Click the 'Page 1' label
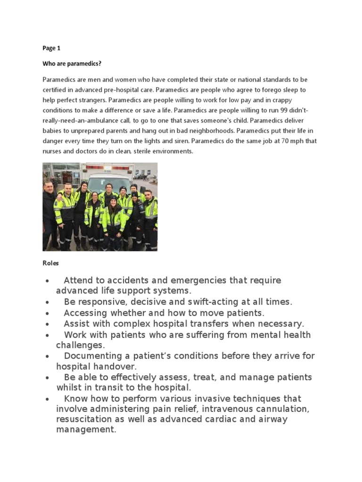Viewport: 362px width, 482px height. pos(51,48)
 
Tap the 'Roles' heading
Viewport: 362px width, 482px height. pos(51,263)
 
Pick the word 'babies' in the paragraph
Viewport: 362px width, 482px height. pos(53,130)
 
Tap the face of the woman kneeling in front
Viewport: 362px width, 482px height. pos(113,202)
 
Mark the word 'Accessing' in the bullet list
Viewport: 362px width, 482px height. pos(84,313)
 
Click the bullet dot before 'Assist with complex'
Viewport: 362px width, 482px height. pos(48,324)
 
